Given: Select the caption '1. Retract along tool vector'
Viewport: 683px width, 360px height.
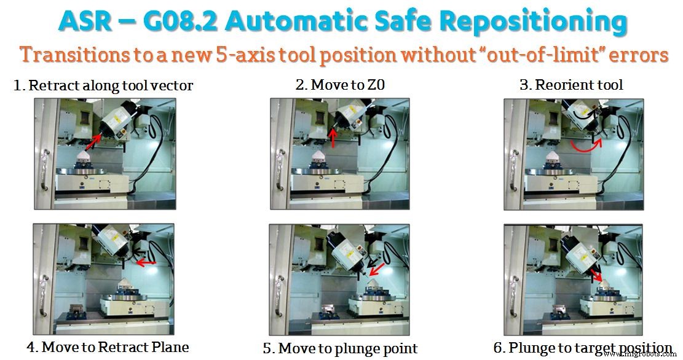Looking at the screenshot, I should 103,85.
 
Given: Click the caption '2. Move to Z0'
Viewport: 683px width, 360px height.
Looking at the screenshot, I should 340,85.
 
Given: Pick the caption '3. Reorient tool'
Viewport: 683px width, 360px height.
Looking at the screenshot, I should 571,85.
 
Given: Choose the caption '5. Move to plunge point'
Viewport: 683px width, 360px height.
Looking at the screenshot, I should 340,348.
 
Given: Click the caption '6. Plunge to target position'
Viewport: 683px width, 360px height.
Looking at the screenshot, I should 582,348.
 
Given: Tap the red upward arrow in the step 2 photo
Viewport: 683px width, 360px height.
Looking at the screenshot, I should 333,138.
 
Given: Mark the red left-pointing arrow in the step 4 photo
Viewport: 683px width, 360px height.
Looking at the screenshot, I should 146,263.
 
